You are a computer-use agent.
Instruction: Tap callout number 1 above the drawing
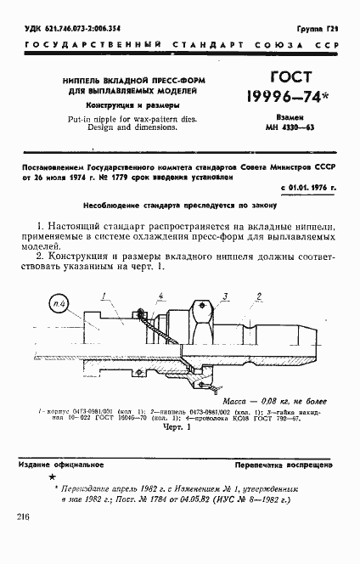pyautogui.click(x=101, y=296)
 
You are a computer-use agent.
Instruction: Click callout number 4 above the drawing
pyautogui.click(x=160, y=295)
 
